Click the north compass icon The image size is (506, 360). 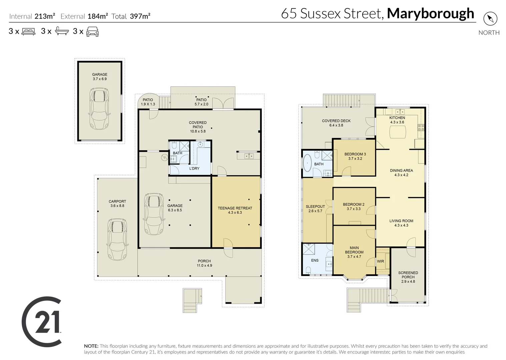pos(490,19)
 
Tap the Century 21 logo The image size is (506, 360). pos(42,321)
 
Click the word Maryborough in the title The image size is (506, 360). pos(430,14)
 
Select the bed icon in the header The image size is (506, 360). pos(28,31)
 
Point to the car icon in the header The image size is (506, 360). pos(92,31)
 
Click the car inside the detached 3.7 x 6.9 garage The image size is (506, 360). pos(99,109)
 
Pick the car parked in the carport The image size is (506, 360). pos(117,239)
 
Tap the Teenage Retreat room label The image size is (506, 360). pos(235,208)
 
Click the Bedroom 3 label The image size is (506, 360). pos(355,154)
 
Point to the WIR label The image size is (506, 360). pos(380,261)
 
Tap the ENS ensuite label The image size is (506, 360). pos(315,260)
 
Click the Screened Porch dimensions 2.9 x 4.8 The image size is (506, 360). pos(408,281)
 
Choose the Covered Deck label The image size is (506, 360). pos(336,121)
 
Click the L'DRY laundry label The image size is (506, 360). pos(194,168)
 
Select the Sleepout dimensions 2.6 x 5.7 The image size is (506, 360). pos(315,211)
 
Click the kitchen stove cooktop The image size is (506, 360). pos(421,127)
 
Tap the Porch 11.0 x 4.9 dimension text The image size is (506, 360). pos(204,265)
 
